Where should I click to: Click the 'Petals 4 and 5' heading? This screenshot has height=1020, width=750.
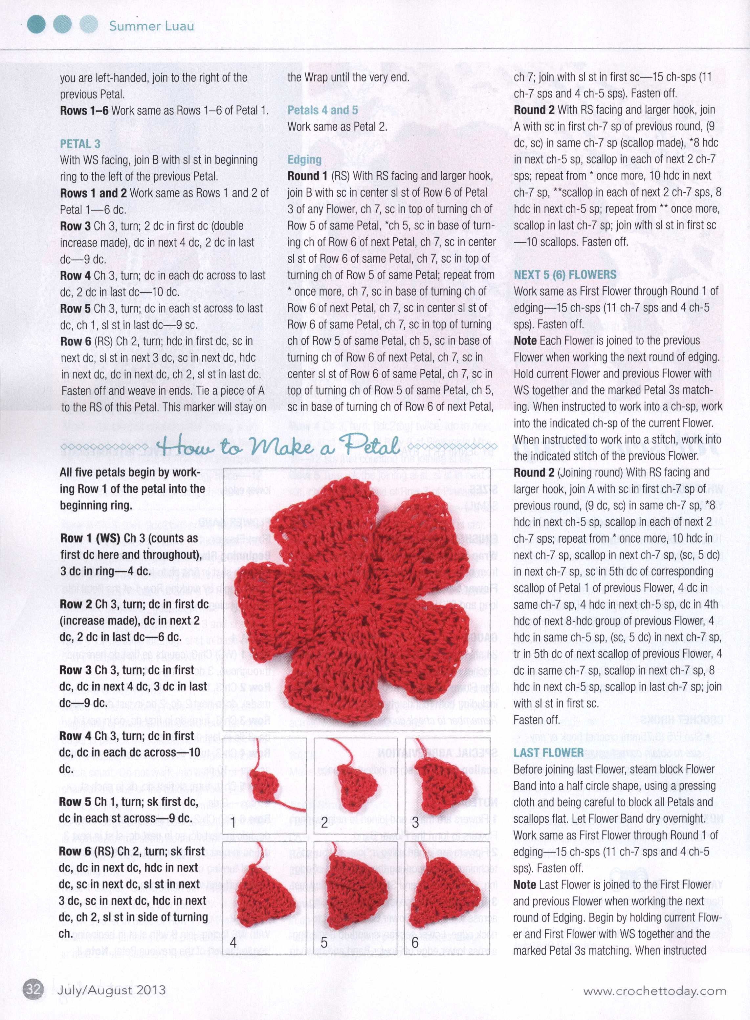pyautogui.click(x=322, y=110)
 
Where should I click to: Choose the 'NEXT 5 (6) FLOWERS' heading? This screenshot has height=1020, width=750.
pyautogui.click(x=565, y=275)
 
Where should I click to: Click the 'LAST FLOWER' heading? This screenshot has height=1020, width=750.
pyautogui.click(x=548, y=753)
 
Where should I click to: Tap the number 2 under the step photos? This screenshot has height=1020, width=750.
pyautogui.click(x=324, y=823)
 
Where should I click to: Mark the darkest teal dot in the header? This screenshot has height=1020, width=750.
pyautogui.click(x=36, y=25)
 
